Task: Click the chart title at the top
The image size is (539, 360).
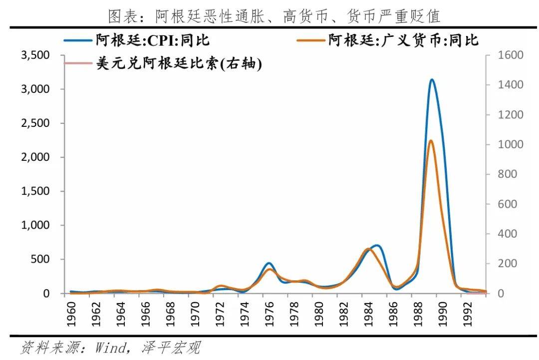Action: point(274,16)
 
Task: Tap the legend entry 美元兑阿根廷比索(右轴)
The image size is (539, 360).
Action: point(179,63)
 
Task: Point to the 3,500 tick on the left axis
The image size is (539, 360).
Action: point(35,55)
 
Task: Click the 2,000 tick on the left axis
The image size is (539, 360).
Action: point(35,157)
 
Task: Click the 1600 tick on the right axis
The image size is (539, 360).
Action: point(511,55)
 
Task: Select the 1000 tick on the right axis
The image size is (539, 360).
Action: point(511,144)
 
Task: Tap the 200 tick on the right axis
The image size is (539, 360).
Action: point(508,264)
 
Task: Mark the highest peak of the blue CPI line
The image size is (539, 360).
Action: point(432,79)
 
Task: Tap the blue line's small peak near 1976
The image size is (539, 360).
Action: point(269,263)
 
